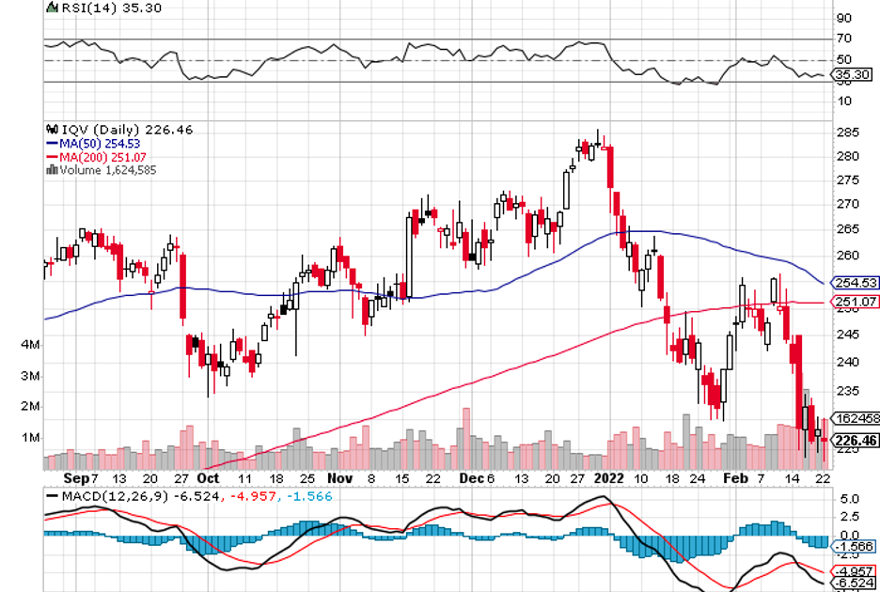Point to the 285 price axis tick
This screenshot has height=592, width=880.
(845, 132)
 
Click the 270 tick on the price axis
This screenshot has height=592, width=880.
(845, 203)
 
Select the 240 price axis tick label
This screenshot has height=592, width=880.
(845, 362)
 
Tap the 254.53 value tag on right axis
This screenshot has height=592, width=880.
(856, 283)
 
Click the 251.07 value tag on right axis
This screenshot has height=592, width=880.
(856, 302)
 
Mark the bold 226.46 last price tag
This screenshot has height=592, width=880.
(856, 440)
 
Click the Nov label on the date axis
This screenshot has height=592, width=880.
(342, 477)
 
